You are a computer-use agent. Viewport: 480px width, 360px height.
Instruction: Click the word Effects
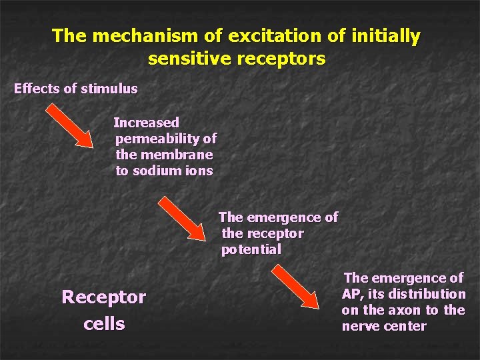click(36, 88)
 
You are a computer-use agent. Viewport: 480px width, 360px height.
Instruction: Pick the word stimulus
click(109, 88)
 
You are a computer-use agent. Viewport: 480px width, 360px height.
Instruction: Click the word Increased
click(147, 123)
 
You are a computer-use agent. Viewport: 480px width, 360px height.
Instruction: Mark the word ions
click(197, 171)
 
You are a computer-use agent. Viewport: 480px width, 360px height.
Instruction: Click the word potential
click(251, 250)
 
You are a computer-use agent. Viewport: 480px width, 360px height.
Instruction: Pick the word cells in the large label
click(104, 324)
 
